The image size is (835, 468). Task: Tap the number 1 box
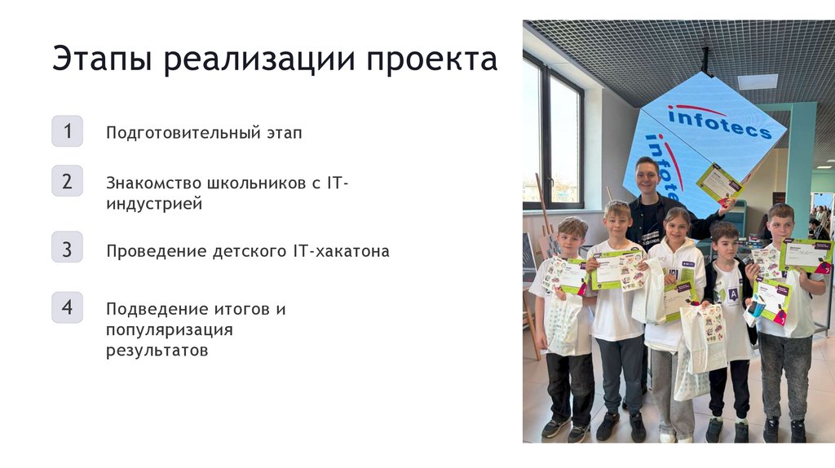(x=67, y=131)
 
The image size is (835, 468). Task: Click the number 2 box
(x=67, y=181)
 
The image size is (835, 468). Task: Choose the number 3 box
(x=67, y=248)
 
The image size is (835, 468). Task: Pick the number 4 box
(x=67, y=307)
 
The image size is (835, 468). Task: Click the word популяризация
(x=169, y=330)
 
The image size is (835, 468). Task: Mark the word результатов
(x=157, y=351)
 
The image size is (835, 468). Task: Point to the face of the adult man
(x=647, y=177)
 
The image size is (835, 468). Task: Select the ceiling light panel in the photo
(x=758, y=82)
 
